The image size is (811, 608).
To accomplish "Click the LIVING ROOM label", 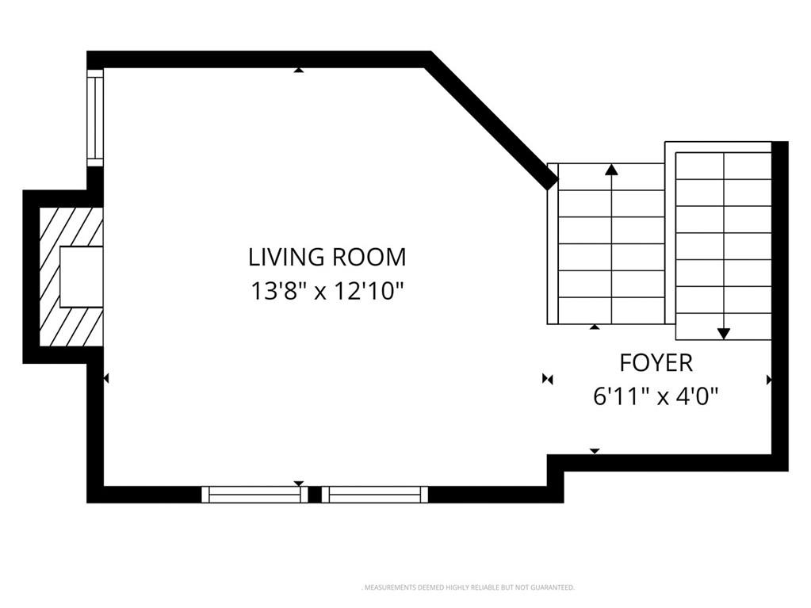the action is [x=327, y=258].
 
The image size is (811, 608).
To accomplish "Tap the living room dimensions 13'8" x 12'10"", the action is [x=327, y=291].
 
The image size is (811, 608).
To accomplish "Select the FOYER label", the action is [x=656, y=363].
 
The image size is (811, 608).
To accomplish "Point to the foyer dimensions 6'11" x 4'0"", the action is [x=656, y=397].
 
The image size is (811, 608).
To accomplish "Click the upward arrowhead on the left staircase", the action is [x=612, y=170].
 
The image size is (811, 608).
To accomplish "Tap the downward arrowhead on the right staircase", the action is [x=724, y=334].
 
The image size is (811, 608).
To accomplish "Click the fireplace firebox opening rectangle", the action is [x=81, y=277].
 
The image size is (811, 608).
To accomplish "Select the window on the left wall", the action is [x=95, y=118].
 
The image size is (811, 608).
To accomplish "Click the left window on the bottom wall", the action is [x=254, y=495].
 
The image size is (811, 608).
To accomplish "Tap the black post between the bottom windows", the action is [x=315, y=495].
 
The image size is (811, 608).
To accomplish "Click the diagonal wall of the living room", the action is [x=489, y=123].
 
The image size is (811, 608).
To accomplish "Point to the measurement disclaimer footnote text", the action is [x=468, y=588].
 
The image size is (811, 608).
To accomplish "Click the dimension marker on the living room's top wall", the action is [x=298, y=70].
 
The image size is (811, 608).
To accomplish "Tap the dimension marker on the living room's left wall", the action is [x=106, y=379].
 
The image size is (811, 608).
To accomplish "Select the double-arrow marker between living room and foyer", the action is [x=548, y=380].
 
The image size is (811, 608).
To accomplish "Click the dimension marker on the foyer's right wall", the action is [x=769, y=380].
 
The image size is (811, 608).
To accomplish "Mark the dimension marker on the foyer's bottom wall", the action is [x=595, y=451].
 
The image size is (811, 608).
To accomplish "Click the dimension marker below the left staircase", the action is [x=595, y=327].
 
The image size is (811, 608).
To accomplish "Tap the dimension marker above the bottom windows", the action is [x=298, y=484].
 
